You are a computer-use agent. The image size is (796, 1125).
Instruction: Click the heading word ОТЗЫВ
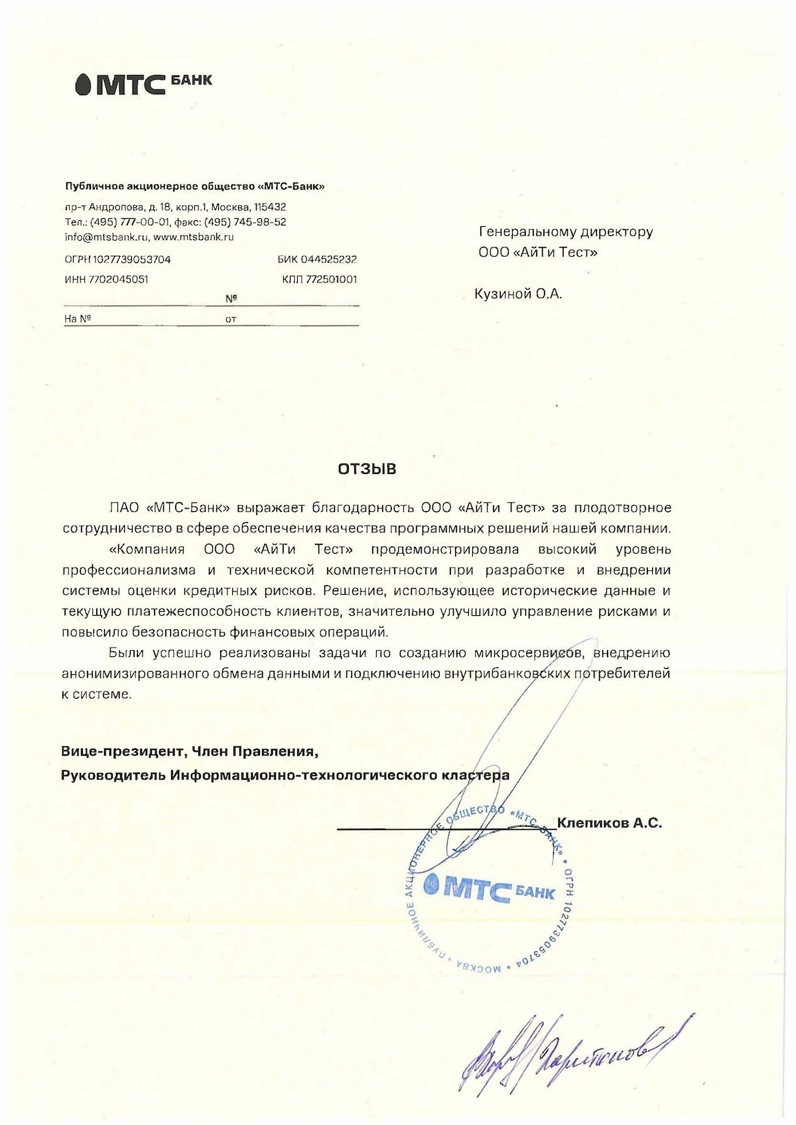tap(367, 469)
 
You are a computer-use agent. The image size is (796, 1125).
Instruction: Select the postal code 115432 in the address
tap(271, 207)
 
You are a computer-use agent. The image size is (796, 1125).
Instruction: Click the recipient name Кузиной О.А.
tap(518, 294)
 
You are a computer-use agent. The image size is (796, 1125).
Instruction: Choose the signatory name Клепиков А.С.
tap(609, 823)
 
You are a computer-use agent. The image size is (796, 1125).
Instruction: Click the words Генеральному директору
tap(566, 232)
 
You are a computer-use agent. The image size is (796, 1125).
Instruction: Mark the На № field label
tap(77, 319)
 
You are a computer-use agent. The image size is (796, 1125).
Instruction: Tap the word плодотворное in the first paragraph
tap(622, 508)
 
